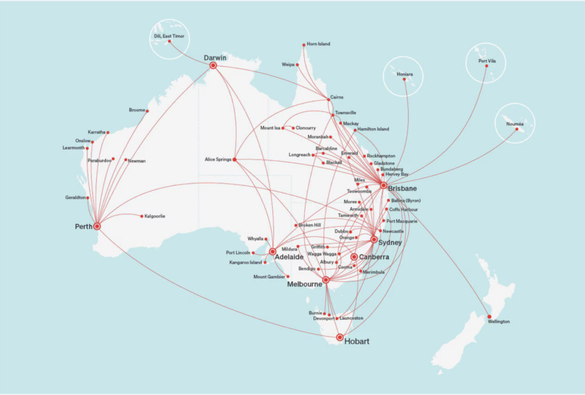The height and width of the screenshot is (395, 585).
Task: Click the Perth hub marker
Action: coord(97,226)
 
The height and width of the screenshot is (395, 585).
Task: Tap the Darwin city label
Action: coord(215,58)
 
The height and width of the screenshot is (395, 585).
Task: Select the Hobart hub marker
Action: coord(340,337)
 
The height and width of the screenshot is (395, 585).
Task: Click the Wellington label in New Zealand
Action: coord(499,322)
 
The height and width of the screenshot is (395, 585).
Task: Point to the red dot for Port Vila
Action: coord(487,66)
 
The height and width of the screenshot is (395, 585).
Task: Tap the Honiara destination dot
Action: coord(404,79)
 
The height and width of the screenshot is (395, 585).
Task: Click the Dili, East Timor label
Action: coord(169,36)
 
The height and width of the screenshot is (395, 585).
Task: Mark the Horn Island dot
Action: coord(304,45)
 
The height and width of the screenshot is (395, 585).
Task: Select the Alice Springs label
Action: coord(218,159)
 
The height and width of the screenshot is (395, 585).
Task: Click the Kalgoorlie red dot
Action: coord(141,216)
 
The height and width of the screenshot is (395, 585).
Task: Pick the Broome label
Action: coord(137,110)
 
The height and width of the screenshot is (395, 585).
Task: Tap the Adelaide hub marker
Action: coord(273,251)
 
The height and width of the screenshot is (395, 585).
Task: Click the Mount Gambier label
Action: coord(269,277)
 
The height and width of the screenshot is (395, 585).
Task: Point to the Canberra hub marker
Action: coord(354,257)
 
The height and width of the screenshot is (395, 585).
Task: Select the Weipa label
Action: coord(288,65)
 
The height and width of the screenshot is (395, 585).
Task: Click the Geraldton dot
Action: coord(87,198)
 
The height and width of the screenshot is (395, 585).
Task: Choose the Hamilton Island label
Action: coord(374,129)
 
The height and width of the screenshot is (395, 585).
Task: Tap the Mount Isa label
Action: coord(270,128)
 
